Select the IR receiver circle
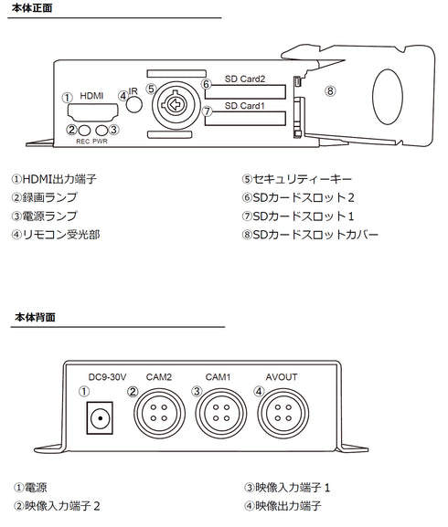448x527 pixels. (x=134, y=104)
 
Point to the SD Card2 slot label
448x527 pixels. (x=244, y=79)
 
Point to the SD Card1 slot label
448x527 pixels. (x=244, y=105)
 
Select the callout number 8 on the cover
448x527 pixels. (x=330, y=90)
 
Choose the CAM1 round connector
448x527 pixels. (x=218, y=411)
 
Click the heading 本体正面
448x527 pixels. (x=34, y=8)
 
